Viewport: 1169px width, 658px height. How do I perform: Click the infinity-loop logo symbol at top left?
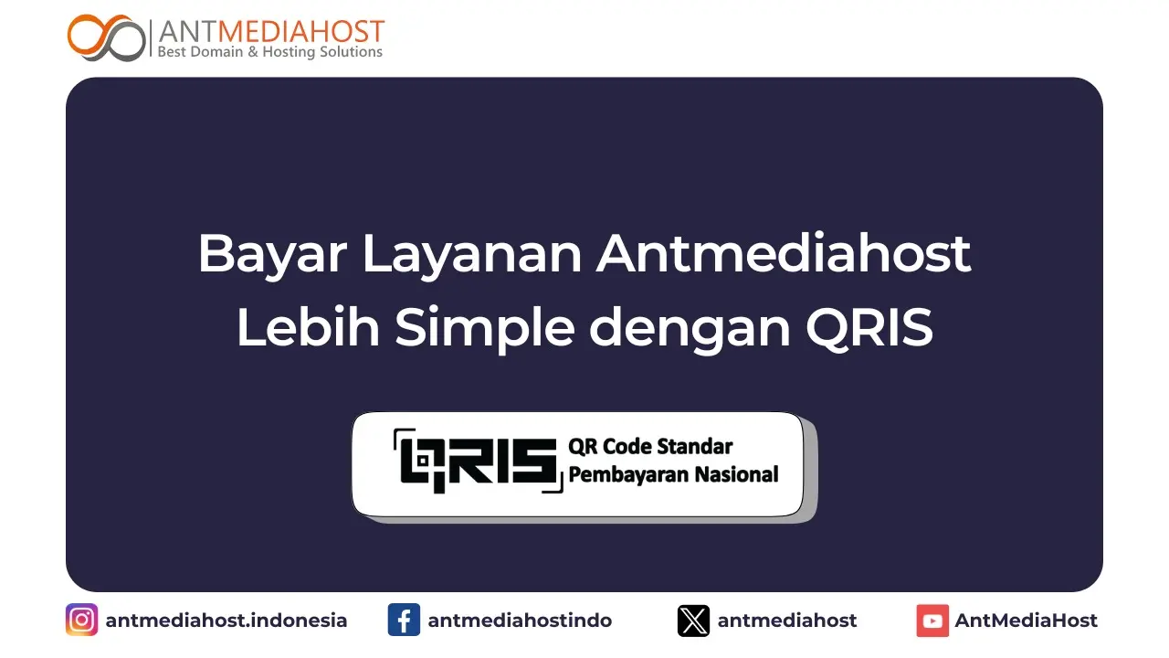pos(106,37)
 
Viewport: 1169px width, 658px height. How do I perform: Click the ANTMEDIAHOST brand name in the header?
pos(271,31)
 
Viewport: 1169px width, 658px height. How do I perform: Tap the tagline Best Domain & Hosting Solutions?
pos(270,52)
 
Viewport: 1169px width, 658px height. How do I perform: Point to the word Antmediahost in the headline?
pos(784,254)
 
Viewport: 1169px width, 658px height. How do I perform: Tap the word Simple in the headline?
pos(485,329)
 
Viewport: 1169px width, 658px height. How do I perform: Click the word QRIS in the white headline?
pos(869,329)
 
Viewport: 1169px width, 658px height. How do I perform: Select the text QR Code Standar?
pos(650,447)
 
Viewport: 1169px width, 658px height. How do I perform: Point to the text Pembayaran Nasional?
pos(673,474)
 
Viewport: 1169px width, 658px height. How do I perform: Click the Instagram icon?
pos(81,621)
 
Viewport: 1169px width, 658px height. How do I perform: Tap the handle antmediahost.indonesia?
pos(226,621)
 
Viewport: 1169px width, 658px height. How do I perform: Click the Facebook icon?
pos(404,621)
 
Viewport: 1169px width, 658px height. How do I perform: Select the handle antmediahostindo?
pos(520,621)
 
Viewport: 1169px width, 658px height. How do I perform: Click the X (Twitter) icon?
pos(693,621)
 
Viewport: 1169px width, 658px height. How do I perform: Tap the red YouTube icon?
pos(932,621)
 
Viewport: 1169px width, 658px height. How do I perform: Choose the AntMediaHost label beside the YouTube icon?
pos(1026,621)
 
